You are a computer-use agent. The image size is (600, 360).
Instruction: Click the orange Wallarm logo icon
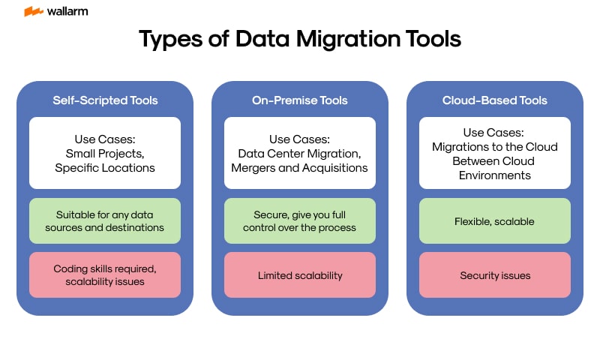[34, 11]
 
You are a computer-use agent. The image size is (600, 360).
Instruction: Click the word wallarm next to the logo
[67, 11]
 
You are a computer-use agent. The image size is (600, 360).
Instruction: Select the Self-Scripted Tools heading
[105, 100]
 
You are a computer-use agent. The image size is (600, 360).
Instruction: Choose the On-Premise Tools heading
[300, 100]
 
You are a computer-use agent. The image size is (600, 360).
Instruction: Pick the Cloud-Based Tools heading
[495, 100]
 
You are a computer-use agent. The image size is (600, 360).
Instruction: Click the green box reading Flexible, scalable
[495, 221]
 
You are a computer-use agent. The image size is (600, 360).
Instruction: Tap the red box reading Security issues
[495, 275]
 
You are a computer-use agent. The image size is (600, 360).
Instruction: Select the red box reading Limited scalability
[300, 275]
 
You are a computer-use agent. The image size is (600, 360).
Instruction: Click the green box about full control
[300, 221]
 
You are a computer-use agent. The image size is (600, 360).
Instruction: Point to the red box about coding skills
[105, 275]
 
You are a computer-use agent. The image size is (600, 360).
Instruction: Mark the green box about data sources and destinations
[105, 221]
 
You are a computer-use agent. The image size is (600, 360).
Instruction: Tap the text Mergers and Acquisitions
[300, 167]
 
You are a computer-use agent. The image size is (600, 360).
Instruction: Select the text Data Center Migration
[300, 153]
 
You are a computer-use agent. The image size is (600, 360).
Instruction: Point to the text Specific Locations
[105, 167]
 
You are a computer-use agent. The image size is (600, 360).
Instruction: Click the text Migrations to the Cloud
[495, 147]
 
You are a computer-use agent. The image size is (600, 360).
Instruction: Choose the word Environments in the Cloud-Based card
[495, 175]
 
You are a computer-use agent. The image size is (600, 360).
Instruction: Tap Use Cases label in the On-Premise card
[300, 139]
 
